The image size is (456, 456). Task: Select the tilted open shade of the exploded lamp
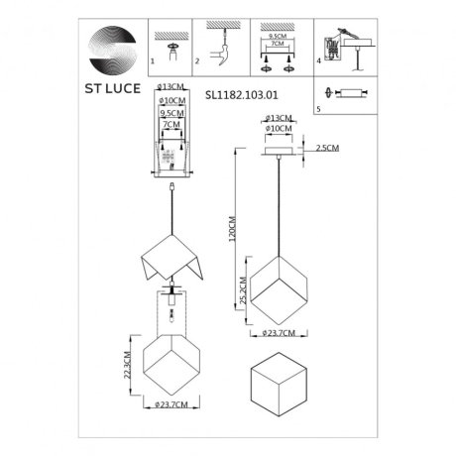[174, 259]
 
